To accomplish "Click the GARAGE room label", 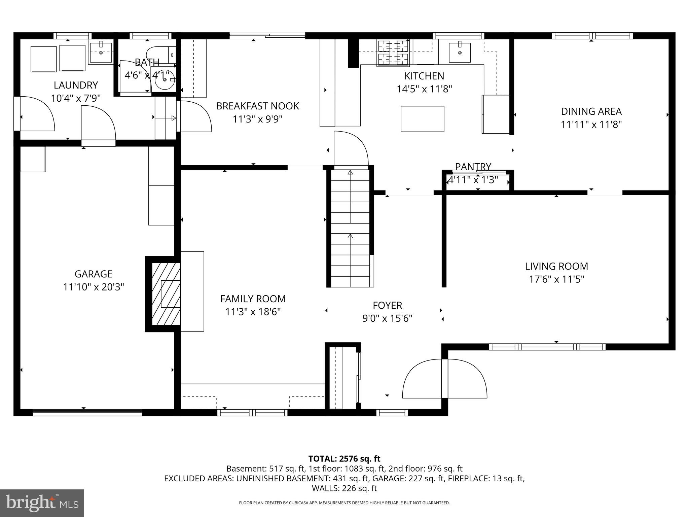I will coord(93,274).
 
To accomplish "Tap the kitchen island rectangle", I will coord(422,119).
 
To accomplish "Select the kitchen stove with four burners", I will coord(393,53).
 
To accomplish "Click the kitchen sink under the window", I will coord(460,52).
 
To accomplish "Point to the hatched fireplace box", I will coord(166,294).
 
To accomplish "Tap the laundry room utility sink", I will coord(101,53).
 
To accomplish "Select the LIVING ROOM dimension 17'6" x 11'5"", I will coord(556,279).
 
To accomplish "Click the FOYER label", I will coord(387,305).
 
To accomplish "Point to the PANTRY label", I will coord(473,167).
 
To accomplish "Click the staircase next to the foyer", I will coord(350,229).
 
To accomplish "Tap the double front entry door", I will coord(445,379).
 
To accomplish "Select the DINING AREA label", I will coord(591,111).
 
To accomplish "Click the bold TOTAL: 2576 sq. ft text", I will coord(344,458).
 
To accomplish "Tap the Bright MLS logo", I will coord(42,503).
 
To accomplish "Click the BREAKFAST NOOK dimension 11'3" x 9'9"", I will coord(257,119).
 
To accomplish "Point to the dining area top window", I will coord(592,36).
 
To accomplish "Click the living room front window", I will coord(547,347).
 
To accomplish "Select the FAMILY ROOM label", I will coord(253,299).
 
